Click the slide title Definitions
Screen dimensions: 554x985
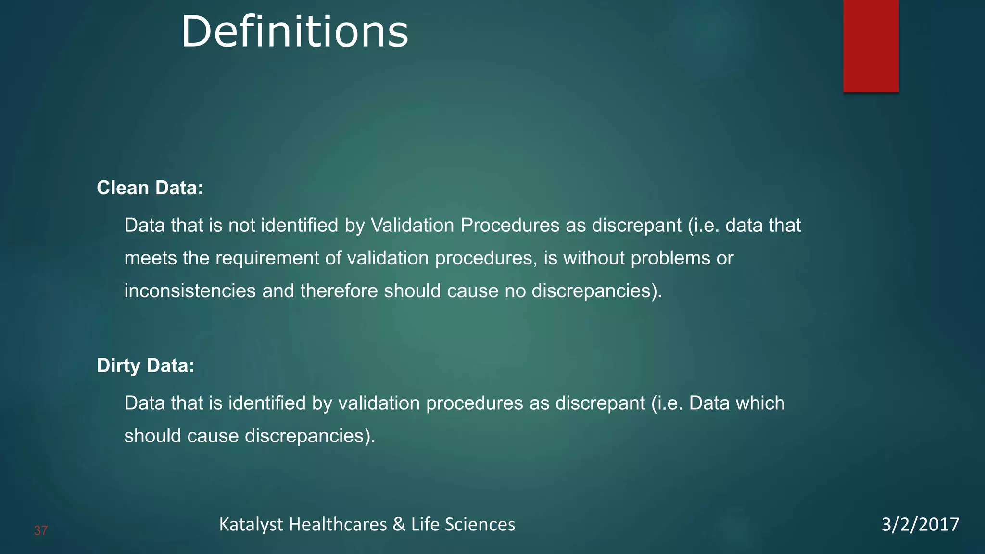pyautogui.click(x=294, y=32)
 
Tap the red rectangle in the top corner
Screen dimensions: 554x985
pyautogui.click(x=871, y=46)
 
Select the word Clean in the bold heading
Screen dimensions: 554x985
pyautogui.click(x=123, y=188)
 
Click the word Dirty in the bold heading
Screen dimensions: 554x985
pyautogui.click(x=118, y=365)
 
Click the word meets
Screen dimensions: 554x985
pyautogui.click(x=151, y=258)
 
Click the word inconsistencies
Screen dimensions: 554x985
pyautogui.click(x=190, y=291)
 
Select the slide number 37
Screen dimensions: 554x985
pyautogui.click(x=41, y=530)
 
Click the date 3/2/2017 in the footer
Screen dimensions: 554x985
pyautogui.click(x=920, y=524)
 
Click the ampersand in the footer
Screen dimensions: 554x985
pyautogui.click(x=399, y=524)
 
